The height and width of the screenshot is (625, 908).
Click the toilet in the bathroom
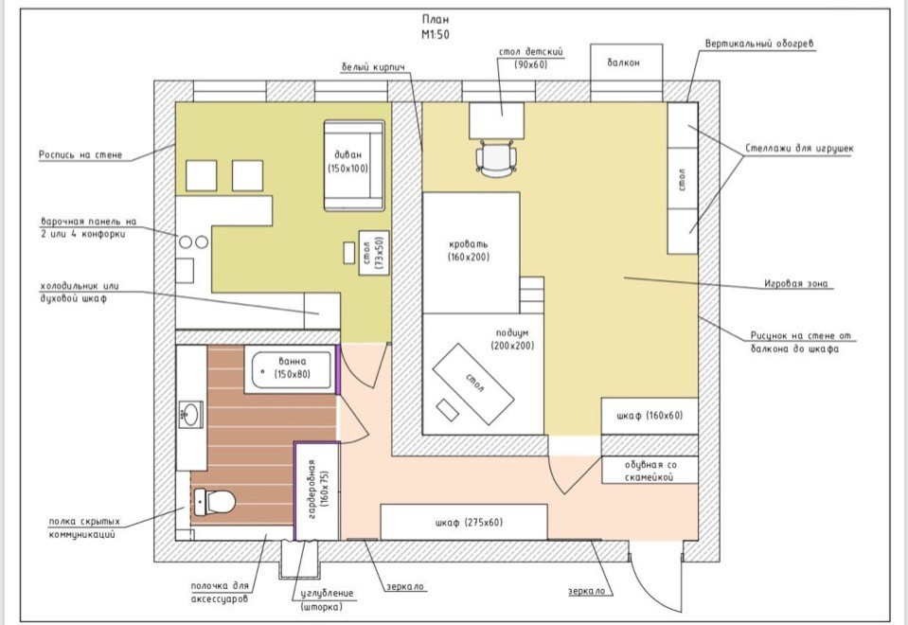pos(214,502)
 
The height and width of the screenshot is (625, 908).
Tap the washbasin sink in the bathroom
pos(190,414)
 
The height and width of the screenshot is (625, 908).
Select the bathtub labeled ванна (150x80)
pos(290,369)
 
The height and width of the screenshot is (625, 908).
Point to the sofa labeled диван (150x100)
pos(354,166)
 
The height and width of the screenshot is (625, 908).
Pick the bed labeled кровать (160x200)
pos(471,253)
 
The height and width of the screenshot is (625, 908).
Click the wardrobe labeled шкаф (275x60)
pos(464,522)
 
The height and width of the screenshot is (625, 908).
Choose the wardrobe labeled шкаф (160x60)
pos(650,416)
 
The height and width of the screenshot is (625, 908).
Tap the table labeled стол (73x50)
pos(373,253)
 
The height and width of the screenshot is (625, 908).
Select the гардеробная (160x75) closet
pos(317,491)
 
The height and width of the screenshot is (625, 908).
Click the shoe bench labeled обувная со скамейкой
pos(650,470)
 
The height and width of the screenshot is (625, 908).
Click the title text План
pos(436,20)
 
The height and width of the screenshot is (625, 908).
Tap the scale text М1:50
pos(436,35)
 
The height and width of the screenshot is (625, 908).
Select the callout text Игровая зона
pos(795,284)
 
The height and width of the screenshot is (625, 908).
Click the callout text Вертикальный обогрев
pos(759,44)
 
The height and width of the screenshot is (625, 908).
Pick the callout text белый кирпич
pos(372,67)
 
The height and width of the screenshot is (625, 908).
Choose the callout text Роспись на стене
pos(80,154)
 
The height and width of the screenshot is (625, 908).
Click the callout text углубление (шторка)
pos(327,600)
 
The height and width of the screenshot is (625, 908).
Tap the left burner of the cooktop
pos(186,242)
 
